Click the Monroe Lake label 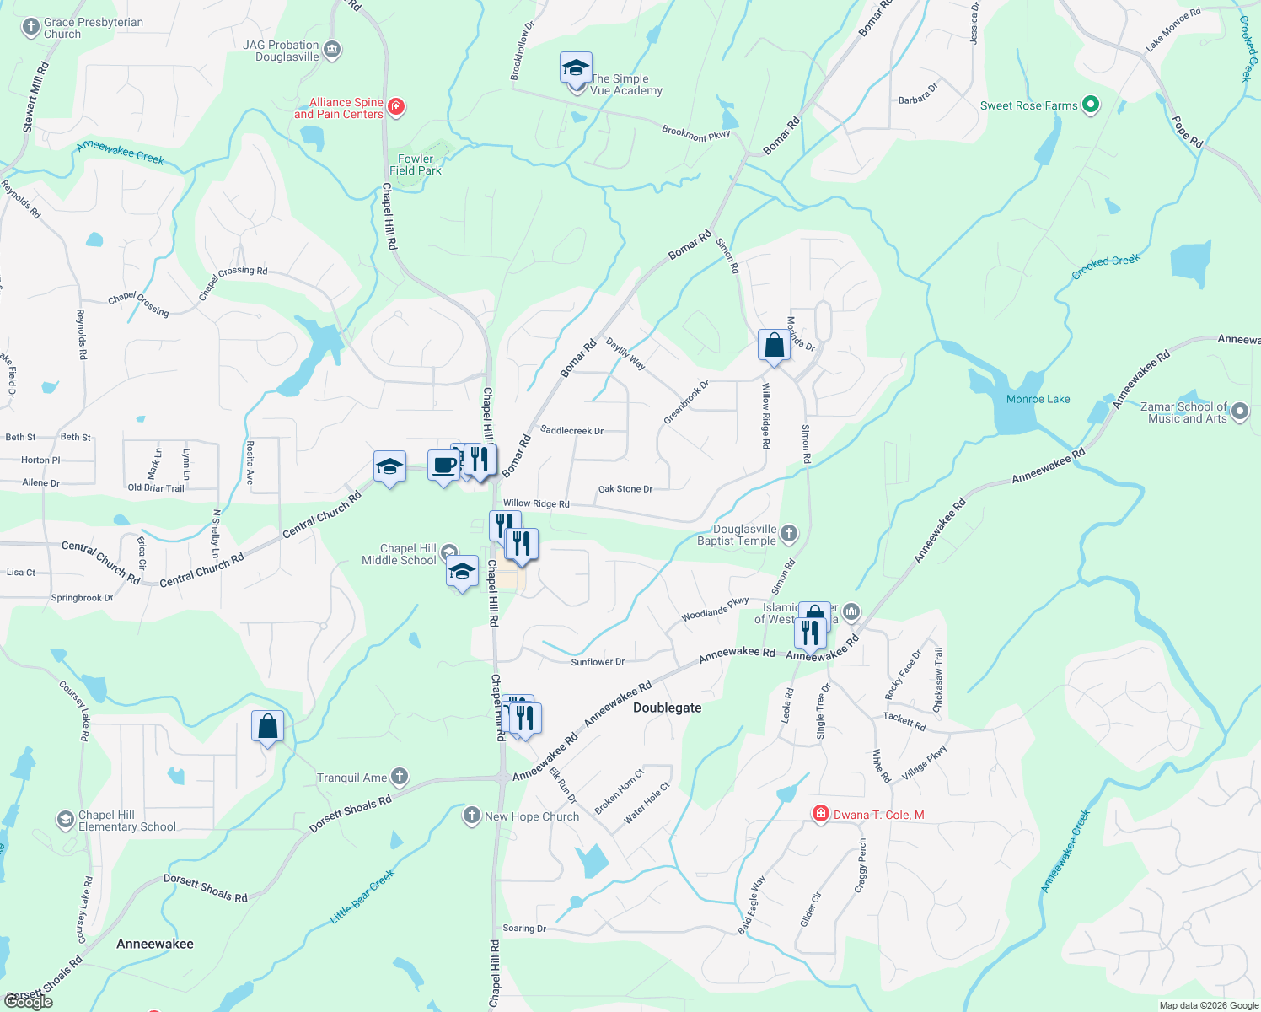(x=1038, y=399)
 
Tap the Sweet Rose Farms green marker (x=1091, y=105)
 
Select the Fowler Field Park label (x=416, y=164)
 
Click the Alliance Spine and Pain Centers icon (x=396, y=107)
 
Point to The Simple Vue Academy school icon (x=576, y=68)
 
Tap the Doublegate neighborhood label (x=667, y=708)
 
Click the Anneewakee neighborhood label (x=155, y=944)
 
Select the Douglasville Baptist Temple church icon (x=789, y=533)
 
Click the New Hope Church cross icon (x=472, y=816)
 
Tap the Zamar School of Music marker (x=1239, y=412)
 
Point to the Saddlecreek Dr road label (x=571, y=430)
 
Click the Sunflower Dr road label (x=598, y=662)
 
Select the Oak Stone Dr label (x=625, y=489)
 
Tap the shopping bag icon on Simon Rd (x=773, y=345)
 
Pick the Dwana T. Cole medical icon (x=820, y=814)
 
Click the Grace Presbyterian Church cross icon (x=30, y=27)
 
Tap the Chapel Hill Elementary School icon (x=65, y=820)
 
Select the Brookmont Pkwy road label (x=695, y=133)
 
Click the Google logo (x=29, y=1002)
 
